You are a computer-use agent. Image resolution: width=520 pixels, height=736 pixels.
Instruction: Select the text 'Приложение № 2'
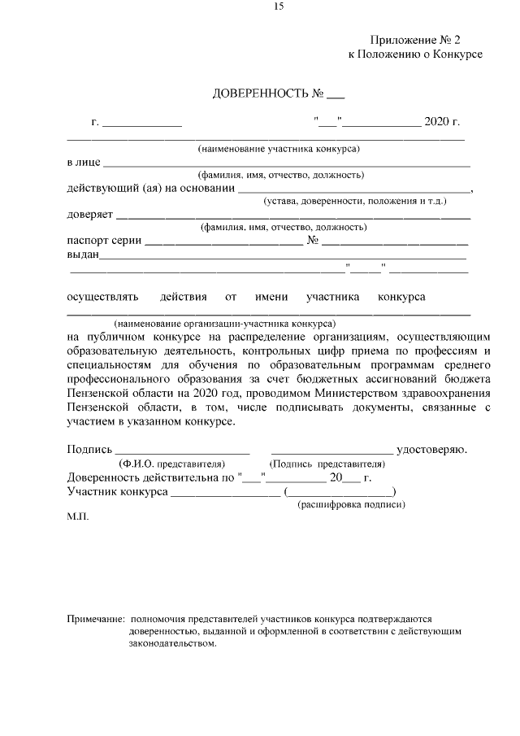(415, 39)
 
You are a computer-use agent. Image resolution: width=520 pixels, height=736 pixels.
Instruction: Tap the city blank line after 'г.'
(141, 124)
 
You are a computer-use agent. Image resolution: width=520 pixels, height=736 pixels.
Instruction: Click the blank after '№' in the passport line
(395, 242)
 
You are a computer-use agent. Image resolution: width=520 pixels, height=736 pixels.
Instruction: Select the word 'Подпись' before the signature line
(89, 449)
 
